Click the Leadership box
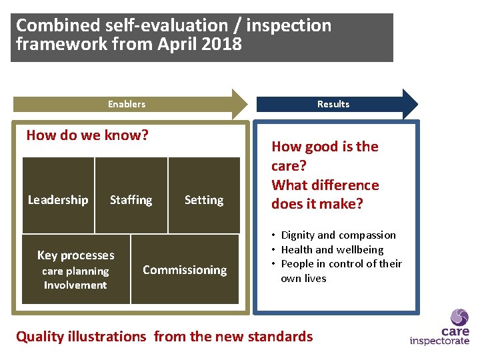click(58, 195)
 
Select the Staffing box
click(131, 195)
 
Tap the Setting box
click(204, 195)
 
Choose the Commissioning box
click(185, 269)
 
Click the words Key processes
click(75, 255)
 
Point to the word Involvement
click(75, 285)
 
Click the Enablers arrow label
click(127, 104)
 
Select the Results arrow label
click(333, 104)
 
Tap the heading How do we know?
click(87, 135)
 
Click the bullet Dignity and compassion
click(338, 235)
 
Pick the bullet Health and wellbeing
click(332, 250)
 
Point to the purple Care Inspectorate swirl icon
click(459, 317)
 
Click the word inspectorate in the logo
click(439, 341)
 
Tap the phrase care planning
click(75, 271)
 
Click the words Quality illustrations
click(81, 337)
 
